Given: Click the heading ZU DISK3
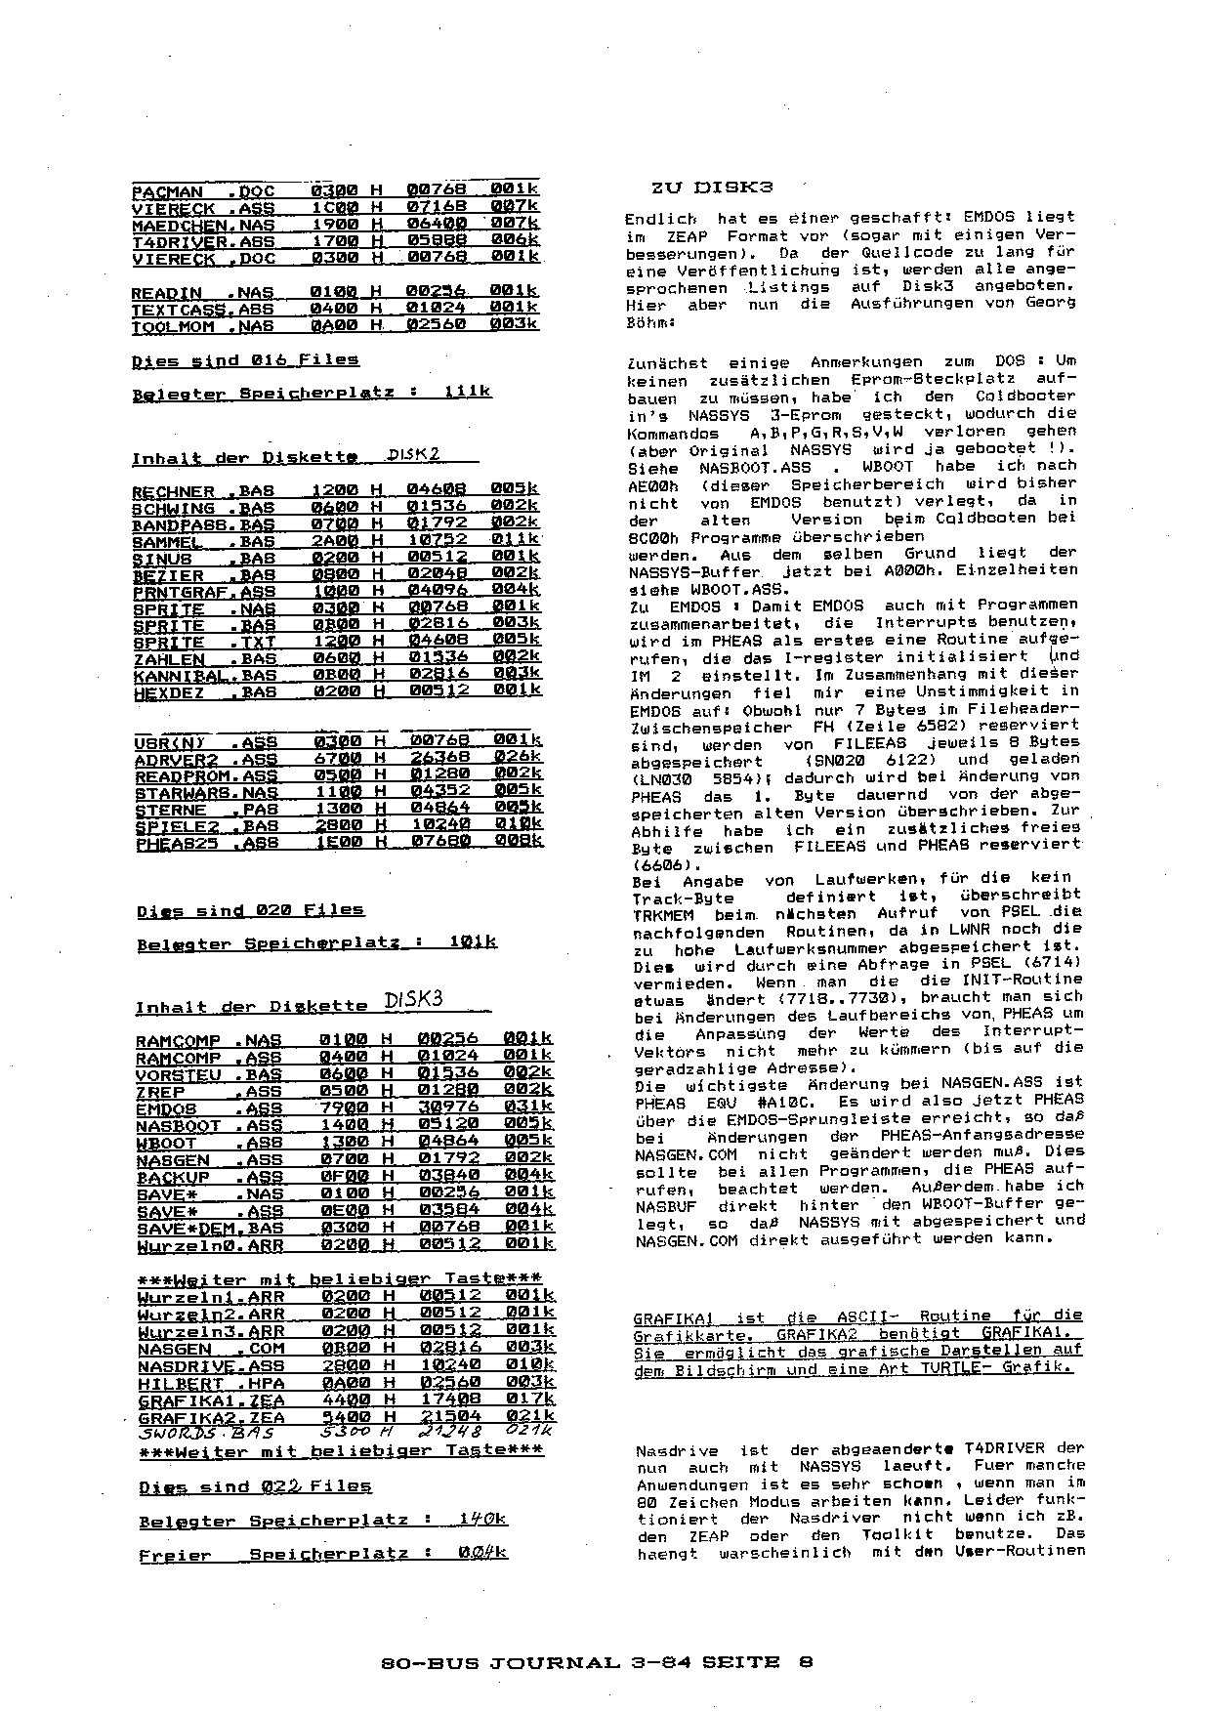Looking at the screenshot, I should click(x=712, y=187).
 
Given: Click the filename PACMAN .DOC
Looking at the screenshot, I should click(x=203, y=190).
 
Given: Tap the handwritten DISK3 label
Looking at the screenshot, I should click(x=414, y=999).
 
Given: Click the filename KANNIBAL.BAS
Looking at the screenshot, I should click(x=204, y=675).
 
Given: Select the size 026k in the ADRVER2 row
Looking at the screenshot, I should click(x=518, y=757).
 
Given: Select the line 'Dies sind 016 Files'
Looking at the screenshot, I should click(x=245, y=360).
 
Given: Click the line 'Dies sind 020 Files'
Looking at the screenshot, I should click(x=250, y=910).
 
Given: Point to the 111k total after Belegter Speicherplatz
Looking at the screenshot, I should click(x=467, y=392).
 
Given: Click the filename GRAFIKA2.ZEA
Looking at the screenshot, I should click(x=211, y=1417).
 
